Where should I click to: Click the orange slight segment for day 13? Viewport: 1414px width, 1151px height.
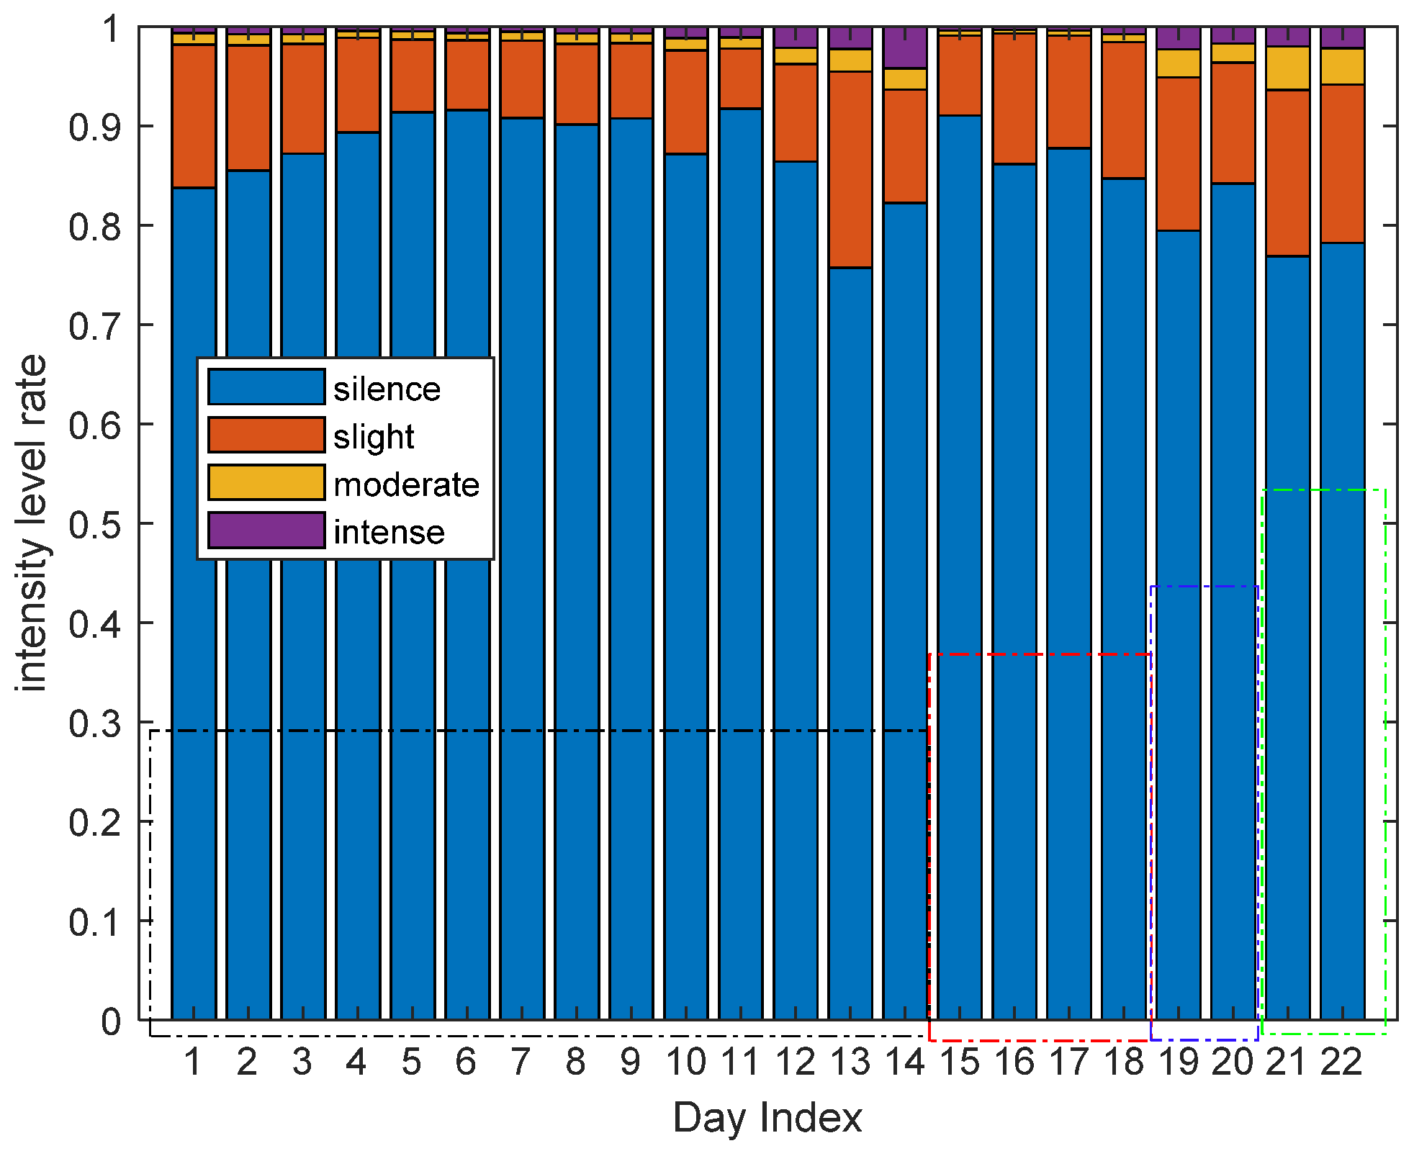click(850, 169)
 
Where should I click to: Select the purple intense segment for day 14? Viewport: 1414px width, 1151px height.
click(905, 48)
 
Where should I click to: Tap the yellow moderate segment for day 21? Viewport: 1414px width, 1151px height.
click(1288, 68)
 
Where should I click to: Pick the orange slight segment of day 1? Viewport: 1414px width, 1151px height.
click(194, 116)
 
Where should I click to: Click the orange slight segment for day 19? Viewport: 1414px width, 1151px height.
click(1179, 153)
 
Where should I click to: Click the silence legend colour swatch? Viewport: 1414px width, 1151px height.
click(266, 387)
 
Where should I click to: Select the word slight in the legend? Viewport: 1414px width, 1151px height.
click(374, 436)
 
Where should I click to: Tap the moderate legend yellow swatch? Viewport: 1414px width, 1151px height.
click(266, 482)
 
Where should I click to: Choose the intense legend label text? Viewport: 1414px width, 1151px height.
click(389, 533)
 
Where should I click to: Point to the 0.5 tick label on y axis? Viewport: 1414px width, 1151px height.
click(94, 525)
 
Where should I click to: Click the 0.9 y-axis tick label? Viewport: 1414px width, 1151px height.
click(94, 127)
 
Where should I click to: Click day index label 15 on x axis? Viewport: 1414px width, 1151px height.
click(960, 1062)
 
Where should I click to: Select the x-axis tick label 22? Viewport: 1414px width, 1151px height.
click(1341, 1062)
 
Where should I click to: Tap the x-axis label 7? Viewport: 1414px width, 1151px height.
click(521, 1062)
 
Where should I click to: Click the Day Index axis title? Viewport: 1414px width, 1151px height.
click(767, 1118)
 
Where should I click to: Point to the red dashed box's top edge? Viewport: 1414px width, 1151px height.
click(1040, 654)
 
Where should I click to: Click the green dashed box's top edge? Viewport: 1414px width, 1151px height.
click(1323, 490)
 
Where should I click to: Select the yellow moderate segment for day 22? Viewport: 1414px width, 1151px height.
click(1343, 67)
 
